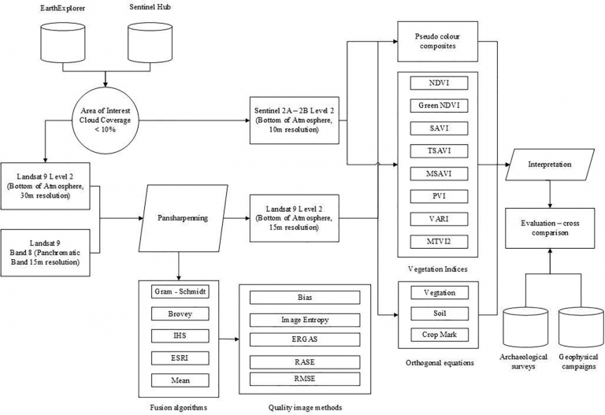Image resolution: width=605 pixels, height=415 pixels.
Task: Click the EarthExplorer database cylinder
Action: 62,43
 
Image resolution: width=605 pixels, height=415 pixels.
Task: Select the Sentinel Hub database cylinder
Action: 150,43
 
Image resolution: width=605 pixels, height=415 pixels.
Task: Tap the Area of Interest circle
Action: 105,120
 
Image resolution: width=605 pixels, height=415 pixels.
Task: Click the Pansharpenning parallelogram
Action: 183,218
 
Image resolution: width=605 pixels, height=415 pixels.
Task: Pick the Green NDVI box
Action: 439,106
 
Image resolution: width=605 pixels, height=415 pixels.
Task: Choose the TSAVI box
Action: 439,151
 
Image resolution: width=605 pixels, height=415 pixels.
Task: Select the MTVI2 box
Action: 439,242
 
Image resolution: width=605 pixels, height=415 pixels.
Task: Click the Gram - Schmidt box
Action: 180,291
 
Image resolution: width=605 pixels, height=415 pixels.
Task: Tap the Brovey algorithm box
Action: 180,314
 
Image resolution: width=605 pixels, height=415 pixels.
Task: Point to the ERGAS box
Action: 305,339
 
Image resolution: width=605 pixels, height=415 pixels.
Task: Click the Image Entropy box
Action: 305,321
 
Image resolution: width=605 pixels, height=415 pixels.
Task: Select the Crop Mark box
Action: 440,335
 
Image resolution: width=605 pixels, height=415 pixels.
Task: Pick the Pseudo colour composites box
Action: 437,42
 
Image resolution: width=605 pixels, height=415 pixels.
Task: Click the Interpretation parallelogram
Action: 550,165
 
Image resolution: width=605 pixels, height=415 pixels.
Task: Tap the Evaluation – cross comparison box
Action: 550,228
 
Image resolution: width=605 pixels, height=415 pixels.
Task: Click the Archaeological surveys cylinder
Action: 525,328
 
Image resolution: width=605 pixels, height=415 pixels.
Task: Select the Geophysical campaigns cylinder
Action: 581,328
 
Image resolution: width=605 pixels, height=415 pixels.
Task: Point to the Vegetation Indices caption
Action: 437,269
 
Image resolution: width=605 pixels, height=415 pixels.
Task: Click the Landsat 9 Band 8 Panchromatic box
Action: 45,253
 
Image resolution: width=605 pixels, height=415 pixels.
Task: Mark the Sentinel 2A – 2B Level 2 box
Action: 295,120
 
